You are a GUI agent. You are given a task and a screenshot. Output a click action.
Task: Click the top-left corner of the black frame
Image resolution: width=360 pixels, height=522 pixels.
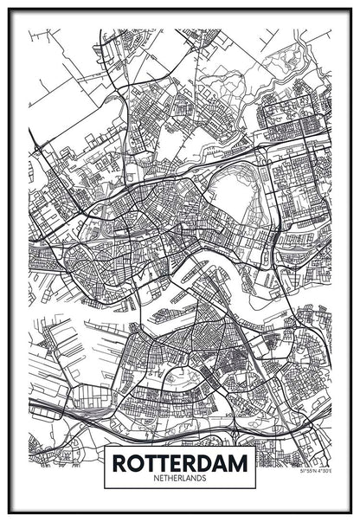coord(10,10)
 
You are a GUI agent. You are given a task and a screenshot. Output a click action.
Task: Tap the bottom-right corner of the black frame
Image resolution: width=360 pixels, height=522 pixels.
coord(350,512)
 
